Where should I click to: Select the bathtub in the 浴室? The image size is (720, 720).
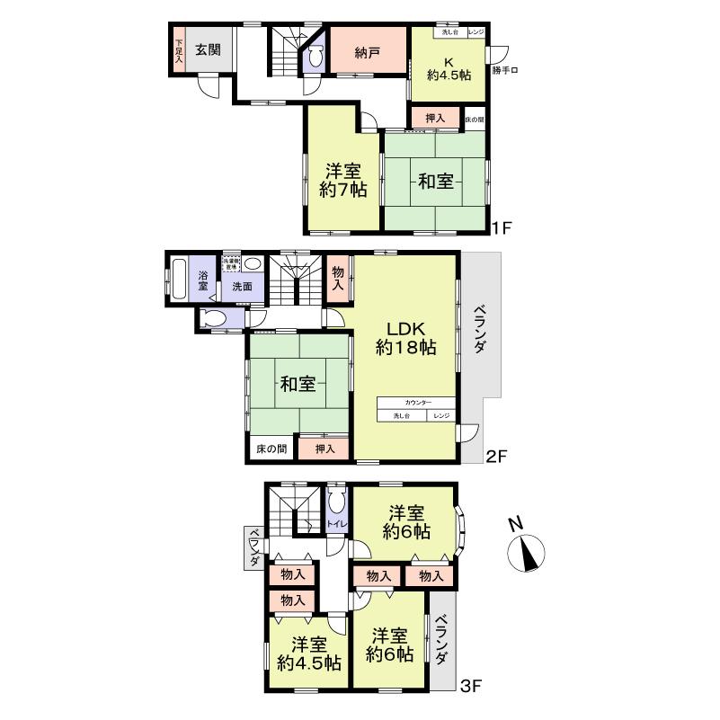pyautogui.click(x=178, y=283)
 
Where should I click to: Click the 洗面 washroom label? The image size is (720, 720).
pyautogui.click(x=243, y=287)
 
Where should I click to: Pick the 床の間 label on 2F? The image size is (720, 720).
pyautogui.click(x=270, y=448)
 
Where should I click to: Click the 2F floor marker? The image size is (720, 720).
pyautogui.click(x=497, y=456)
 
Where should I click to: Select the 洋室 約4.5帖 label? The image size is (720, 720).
pyautogui.click(x=308, y=653)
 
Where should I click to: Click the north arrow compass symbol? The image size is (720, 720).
pyautogui.click(x=526, y=554)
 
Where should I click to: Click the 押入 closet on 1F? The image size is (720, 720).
pyautogui.click(x=435, y=118)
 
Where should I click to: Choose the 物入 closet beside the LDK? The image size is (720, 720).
pyautogui.click(x=337, y=277)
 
